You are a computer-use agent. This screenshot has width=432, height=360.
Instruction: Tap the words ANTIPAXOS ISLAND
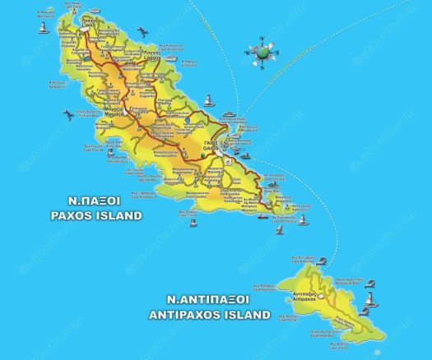click(209, 315)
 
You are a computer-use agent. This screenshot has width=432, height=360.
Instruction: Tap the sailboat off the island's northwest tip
click(42, 29)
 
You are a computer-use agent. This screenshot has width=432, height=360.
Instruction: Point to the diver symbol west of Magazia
click(68, 116)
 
